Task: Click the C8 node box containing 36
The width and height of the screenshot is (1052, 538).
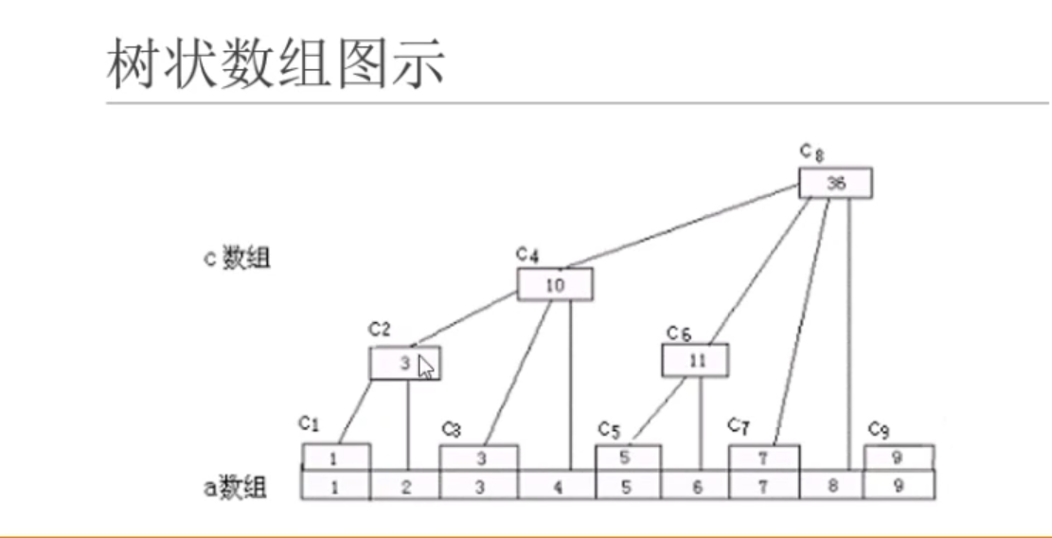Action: pyautogui.click(x=835, y=184)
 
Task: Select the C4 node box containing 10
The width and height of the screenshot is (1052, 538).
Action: pyautogui.click(x=555, y=284)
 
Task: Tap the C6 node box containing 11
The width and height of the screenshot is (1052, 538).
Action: pyautogui.click(x=695, y=360)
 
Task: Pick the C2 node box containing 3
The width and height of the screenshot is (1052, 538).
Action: pyautogui.click(x=405, y=363)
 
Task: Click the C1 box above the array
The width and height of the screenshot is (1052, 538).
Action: pyautogui.click(x=336, y=457)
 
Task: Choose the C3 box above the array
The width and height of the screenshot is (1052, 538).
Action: pyautogui.click(x=479, y=457)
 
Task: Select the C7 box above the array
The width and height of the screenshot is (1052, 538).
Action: pyautogui.click(x=763, y=457)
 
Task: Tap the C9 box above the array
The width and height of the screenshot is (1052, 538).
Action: pyautogui.click(x=899, y=457)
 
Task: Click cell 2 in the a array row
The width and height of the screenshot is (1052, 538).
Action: pyautogui.click(x=407, y=486)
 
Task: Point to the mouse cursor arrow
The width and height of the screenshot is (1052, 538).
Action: pyautogui.click(x=426, y=367)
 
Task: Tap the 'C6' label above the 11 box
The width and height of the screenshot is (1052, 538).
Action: pyautogui.click(x=678, y=332)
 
